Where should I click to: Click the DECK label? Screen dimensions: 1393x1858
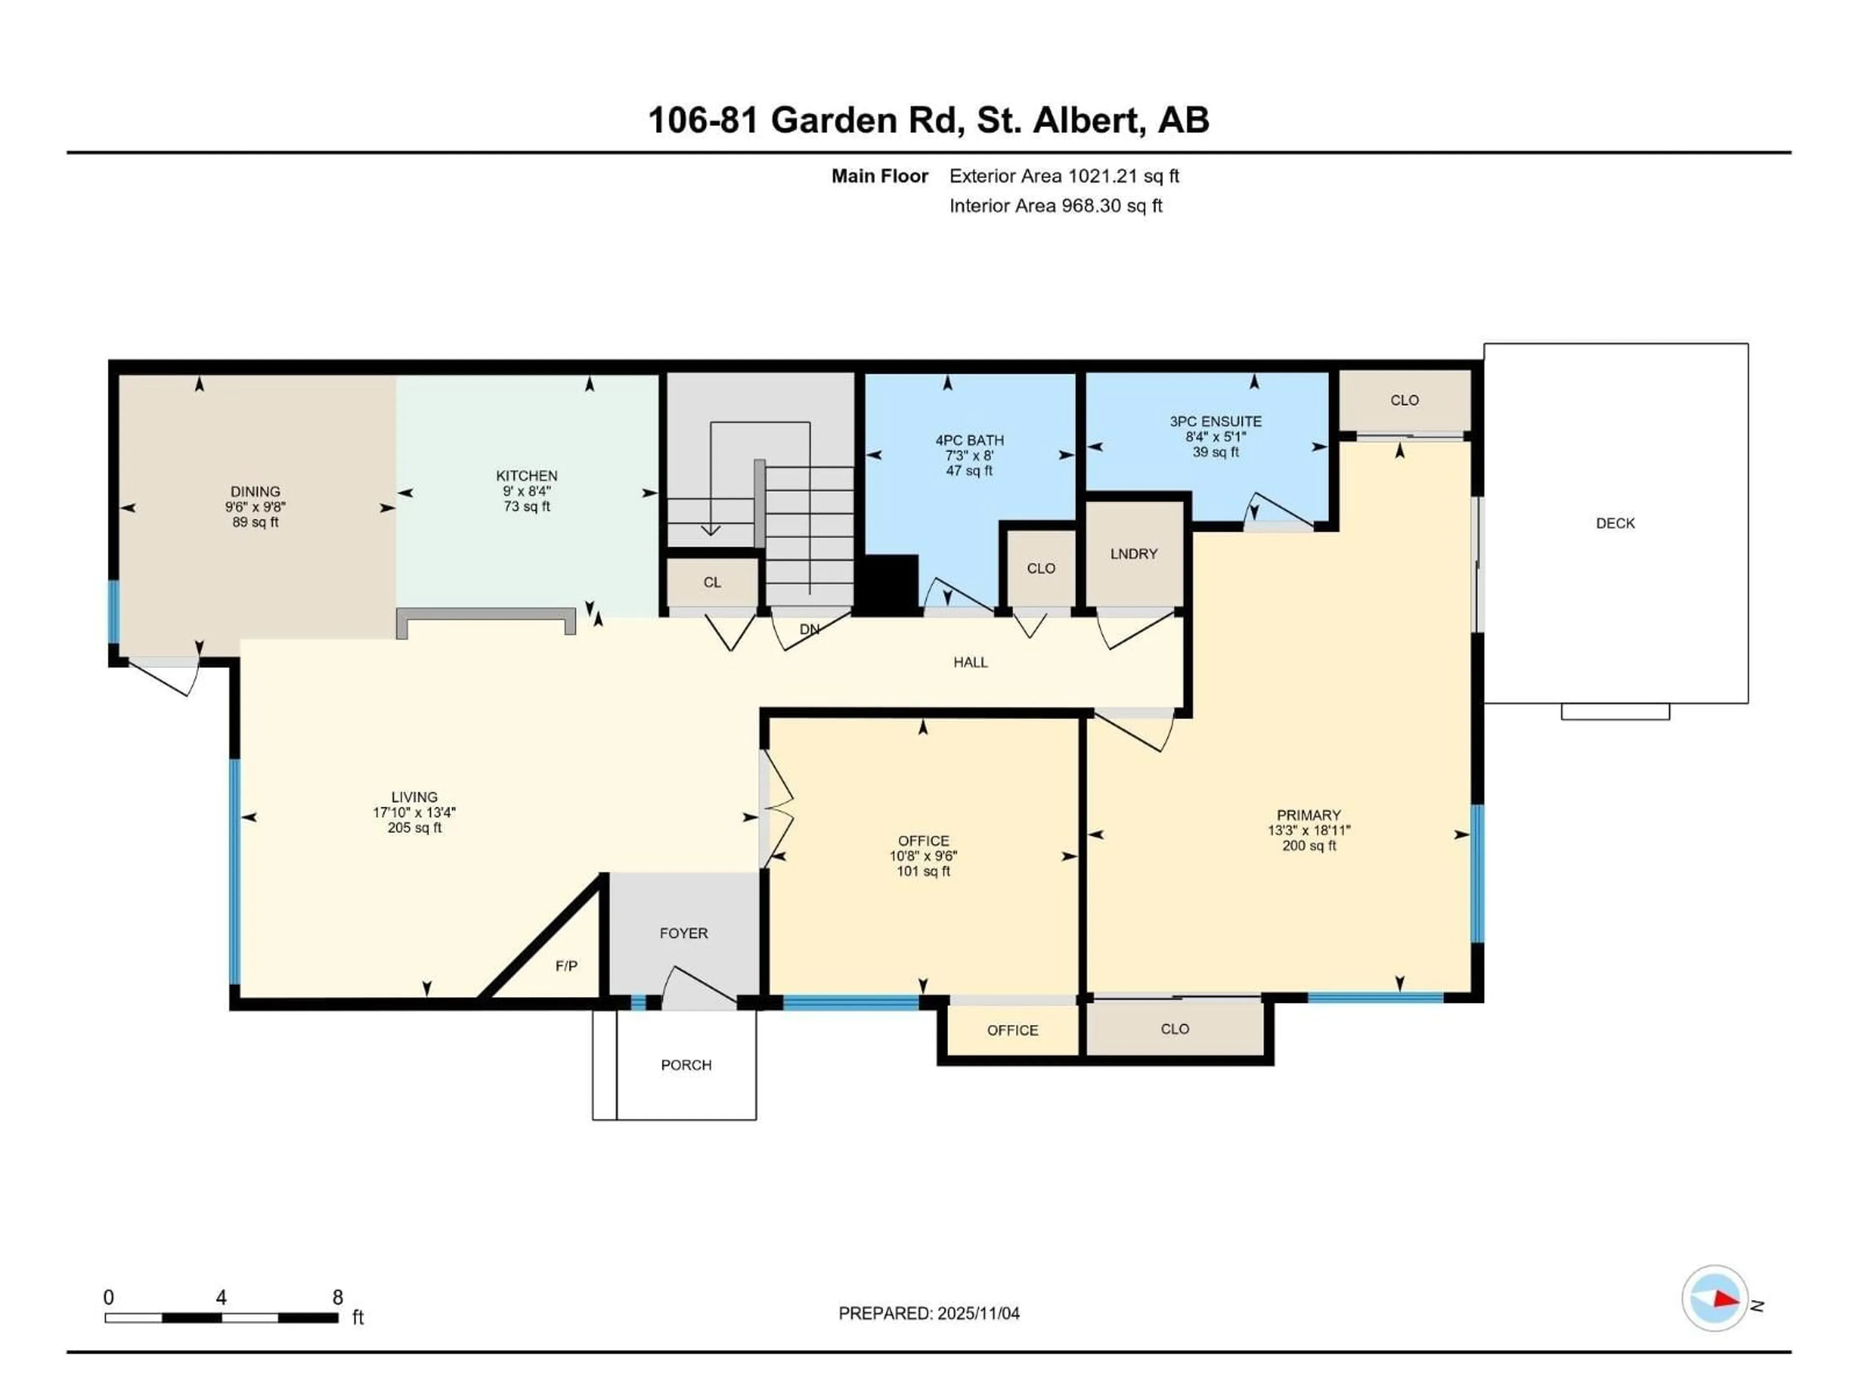[x=1615, y=523]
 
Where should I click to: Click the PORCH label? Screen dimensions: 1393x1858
[x=686, y=1065]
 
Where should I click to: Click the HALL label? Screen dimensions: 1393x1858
[x=970, y=663]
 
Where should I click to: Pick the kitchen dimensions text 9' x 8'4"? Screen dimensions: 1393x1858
[x=526, y=491]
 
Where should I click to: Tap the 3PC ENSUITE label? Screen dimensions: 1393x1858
[x=1215, y=421]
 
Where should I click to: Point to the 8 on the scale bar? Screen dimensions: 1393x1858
[x=338, y=1297]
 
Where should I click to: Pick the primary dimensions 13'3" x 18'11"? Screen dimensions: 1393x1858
[x=1309, y=830]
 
